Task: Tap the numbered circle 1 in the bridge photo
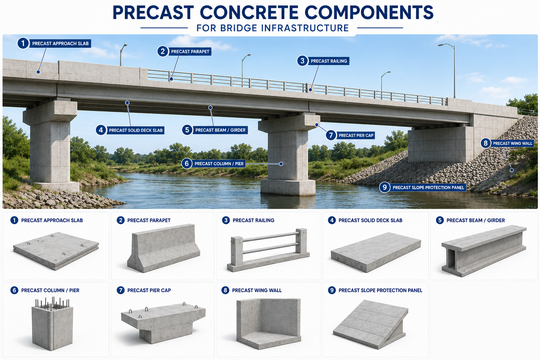23,43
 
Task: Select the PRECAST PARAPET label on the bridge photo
190,52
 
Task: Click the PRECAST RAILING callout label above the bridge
329,61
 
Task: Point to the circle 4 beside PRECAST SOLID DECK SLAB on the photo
101,130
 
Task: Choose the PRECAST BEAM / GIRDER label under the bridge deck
220,130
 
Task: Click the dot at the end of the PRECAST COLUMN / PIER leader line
281,164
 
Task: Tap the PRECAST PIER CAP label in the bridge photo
356,135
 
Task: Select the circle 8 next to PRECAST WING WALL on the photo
486,143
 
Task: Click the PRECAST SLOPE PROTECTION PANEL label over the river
428,188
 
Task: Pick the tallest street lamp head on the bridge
441,45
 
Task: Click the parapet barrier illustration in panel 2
164,248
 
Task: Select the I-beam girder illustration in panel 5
484,251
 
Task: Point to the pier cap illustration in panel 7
163,323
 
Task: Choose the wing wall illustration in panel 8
269,324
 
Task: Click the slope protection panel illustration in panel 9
371,324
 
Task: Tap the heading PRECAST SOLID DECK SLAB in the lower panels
370,220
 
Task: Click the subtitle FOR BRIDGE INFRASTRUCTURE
273,28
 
